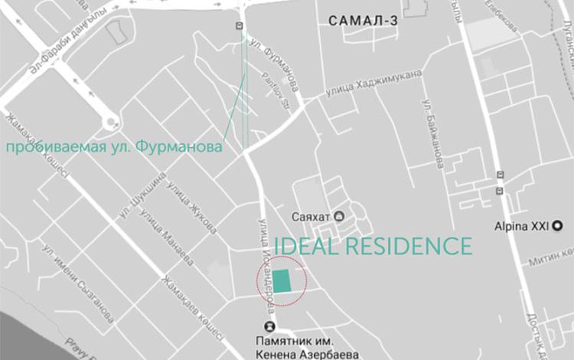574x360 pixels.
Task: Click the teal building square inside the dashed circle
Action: [282, 280]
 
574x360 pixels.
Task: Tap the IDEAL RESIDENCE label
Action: [373, 247]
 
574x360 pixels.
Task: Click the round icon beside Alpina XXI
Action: [559, 226]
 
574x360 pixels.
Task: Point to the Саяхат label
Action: [311, 217]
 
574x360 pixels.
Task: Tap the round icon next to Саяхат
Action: [339, 217]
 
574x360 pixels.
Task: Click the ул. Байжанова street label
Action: [432, 135]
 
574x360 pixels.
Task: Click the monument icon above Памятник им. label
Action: [268, 326]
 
